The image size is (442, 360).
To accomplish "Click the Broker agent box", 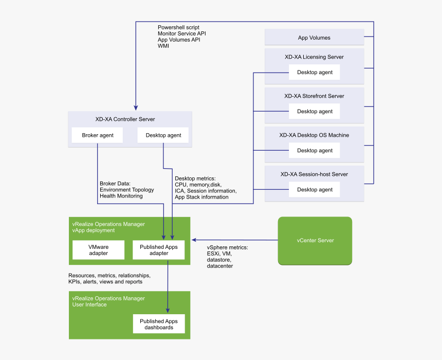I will (x=98, y=135).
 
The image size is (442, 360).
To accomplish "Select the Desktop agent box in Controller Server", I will (x=163, y=135).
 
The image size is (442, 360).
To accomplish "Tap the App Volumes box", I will (x=314, y=38).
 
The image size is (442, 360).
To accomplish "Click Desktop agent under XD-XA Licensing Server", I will (x=315, y=73).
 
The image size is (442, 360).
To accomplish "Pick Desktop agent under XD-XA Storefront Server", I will (x=315, y=112).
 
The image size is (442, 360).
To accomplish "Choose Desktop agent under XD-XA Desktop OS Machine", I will (x=315, y=151).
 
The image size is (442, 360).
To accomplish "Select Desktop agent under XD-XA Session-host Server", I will (x=315, y=190).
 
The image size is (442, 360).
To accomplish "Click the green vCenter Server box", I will (x=315, y=241).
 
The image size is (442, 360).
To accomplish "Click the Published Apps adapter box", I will (x=158, y=250).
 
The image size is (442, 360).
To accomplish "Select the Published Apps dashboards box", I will (x=158, y=324).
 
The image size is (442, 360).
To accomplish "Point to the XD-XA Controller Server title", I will (x=125, y=119).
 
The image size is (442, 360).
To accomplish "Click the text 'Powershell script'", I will (x=178, y=27).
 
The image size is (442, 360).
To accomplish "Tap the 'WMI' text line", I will (x=163, y=46).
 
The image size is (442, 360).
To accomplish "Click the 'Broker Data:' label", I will (x=115, y=184).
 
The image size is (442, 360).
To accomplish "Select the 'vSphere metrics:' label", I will (x=227, y=248).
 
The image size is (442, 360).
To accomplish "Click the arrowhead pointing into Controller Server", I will (x=136, y=108).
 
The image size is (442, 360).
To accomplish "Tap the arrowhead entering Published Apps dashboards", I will (x=168, y=310).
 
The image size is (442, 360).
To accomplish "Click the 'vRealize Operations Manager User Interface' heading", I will (x=108, y=301).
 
